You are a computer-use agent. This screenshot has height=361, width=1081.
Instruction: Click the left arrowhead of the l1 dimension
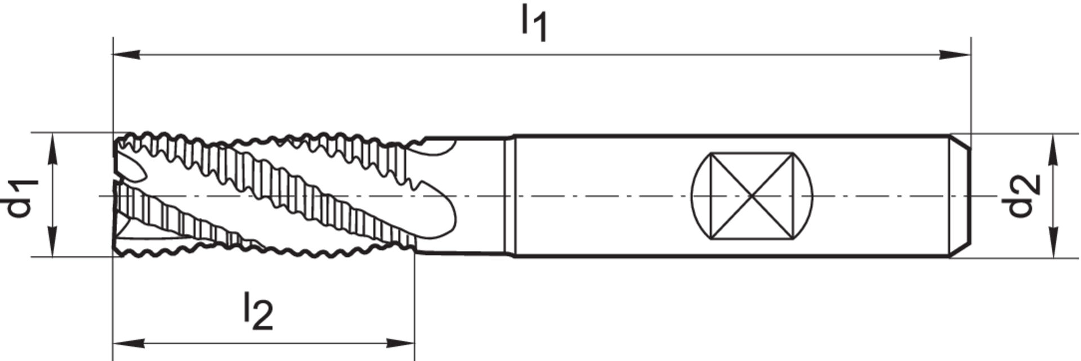click(127, 55)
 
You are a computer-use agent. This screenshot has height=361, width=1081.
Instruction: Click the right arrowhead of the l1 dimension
click(957, 55)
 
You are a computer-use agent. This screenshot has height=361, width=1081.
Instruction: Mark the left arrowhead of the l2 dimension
click(127, 343)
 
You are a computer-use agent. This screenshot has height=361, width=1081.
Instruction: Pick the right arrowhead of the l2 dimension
click(401, 343)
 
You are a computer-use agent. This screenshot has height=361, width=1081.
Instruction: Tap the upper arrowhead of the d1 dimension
click(52, 147)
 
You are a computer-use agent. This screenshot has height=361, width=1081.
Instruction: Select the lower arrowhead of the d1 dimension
click(52, 243)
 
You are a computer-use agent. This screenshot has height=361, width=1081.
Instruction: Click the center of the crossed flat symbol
click(752, 196)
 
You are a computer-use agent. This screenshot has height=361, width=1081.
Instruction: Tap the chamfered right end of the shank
click(961, 196)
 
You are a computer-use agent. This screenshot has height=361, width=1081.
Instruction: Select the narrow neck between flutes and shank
click(510, 196)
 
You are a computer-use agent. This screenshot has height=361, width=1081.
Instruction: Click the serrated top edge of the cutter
click(253, 138)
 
